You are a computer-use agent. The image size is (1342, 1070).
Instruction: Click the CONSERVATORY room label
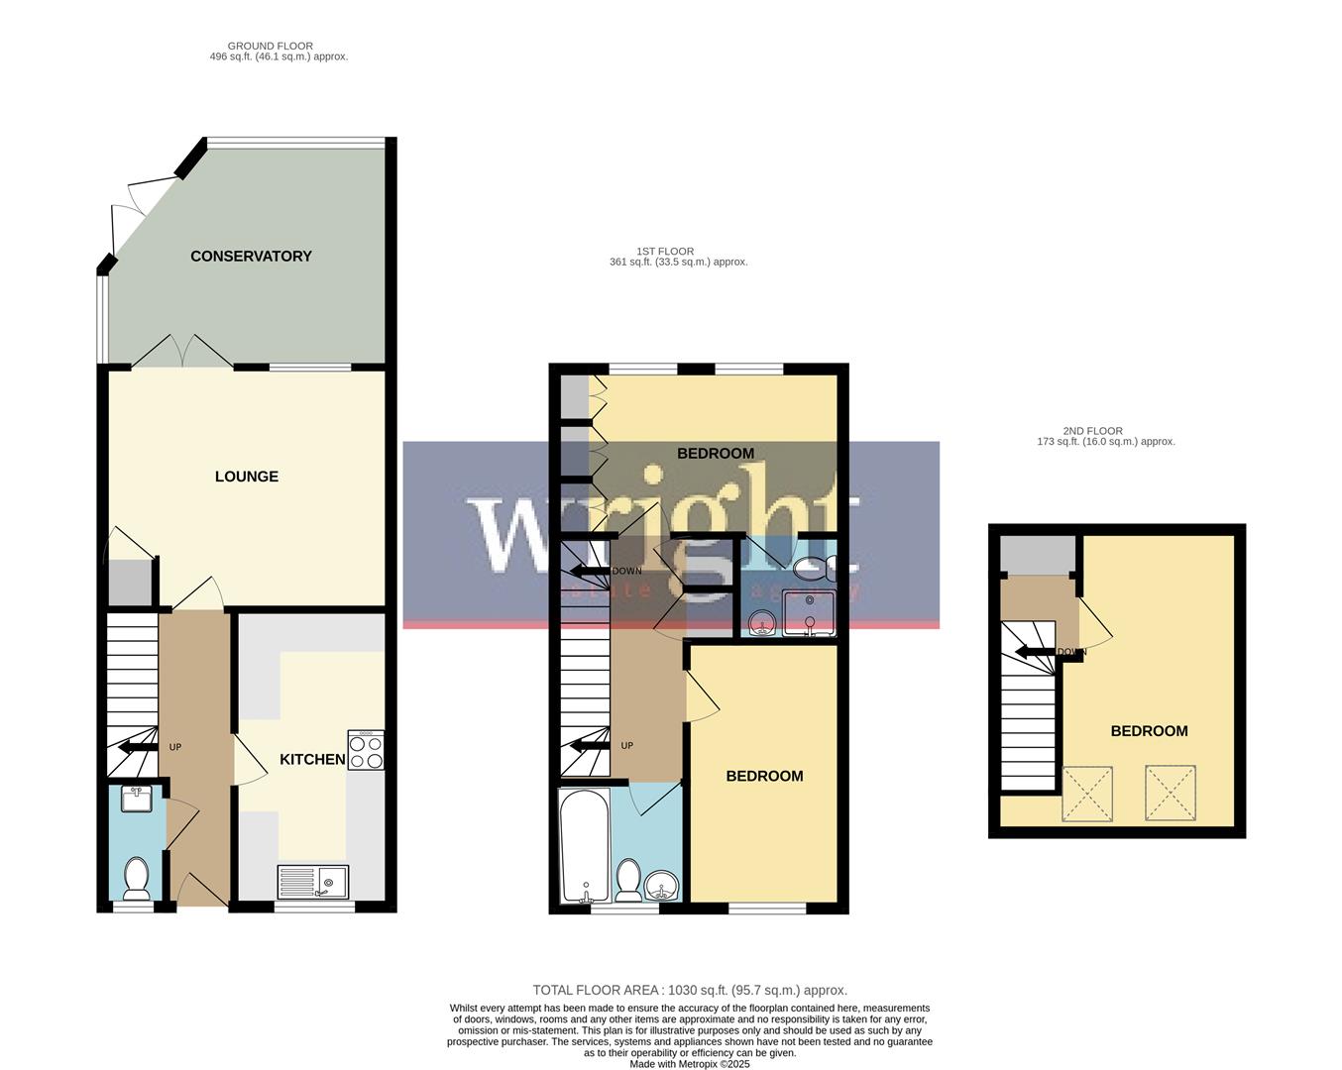coord(251,256)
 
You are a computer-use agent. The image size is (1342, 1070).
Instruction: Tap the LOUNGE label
coord(247,477)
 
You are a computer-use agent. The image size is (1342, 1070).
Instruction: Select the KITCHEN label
coord(312,759)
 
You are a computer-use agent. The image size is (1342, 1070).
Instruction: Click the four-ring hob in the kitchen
coord(366,750)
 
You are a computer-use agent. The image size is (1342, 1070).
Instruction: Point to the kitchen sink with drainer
coord(312,881)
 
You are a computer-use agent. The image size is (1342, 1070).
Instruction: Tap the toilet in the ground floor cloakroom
coord(136,877)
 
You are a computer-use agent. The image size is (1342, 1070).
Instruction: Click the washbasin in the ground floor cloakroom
coord(134,799)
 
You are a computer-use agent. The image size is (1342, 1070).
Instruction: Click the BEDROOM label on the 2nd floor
coord(1149,731)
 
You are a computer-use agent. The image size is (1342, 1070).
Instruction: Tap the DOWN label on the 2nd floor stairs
coord(1071,652)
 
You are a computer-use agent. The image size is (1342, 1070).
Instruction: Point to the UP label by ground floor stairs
coord(175,747)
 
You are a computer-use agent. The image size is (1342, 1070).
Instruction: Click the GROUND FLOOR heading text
coord(270,46)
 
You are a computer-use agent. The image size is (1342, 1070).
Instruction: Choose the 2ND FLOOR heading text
coord(1092,431)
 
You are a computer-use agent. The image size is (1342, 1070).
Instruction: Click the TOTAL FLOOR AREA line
coord(690,990)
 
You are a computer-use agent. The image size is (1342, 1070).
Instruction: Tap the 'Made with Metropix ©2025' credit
coord(690,1064)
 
